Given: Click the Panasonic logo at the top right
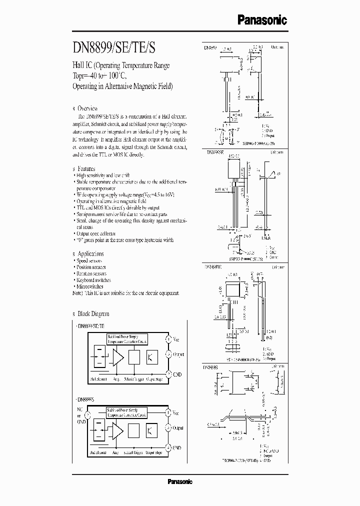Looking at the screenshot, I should (x=261, y=20).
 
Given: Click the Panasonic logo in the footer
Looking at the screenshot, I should (x=179, y=482).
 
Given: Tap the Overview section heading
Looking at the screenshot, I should (x=87, y=108).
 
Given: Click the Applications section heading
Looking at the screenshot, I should (x=90, y=254).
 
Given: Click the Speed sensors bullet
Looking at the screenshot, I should (x=90, y=261).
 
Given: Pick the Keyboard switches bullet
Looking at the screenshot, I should (x=93, y=280).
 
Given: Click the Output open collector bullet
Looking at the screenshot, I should (x=95, y=233).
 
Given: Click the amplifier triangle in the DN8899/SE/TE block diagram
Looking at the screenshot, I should (x=118, y=357).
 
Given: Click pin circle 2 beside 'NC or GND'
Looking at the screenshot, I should (x=88, y=415).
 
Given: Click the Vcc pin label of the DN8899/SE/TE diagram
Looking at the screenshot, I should (x=176, y=339).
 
